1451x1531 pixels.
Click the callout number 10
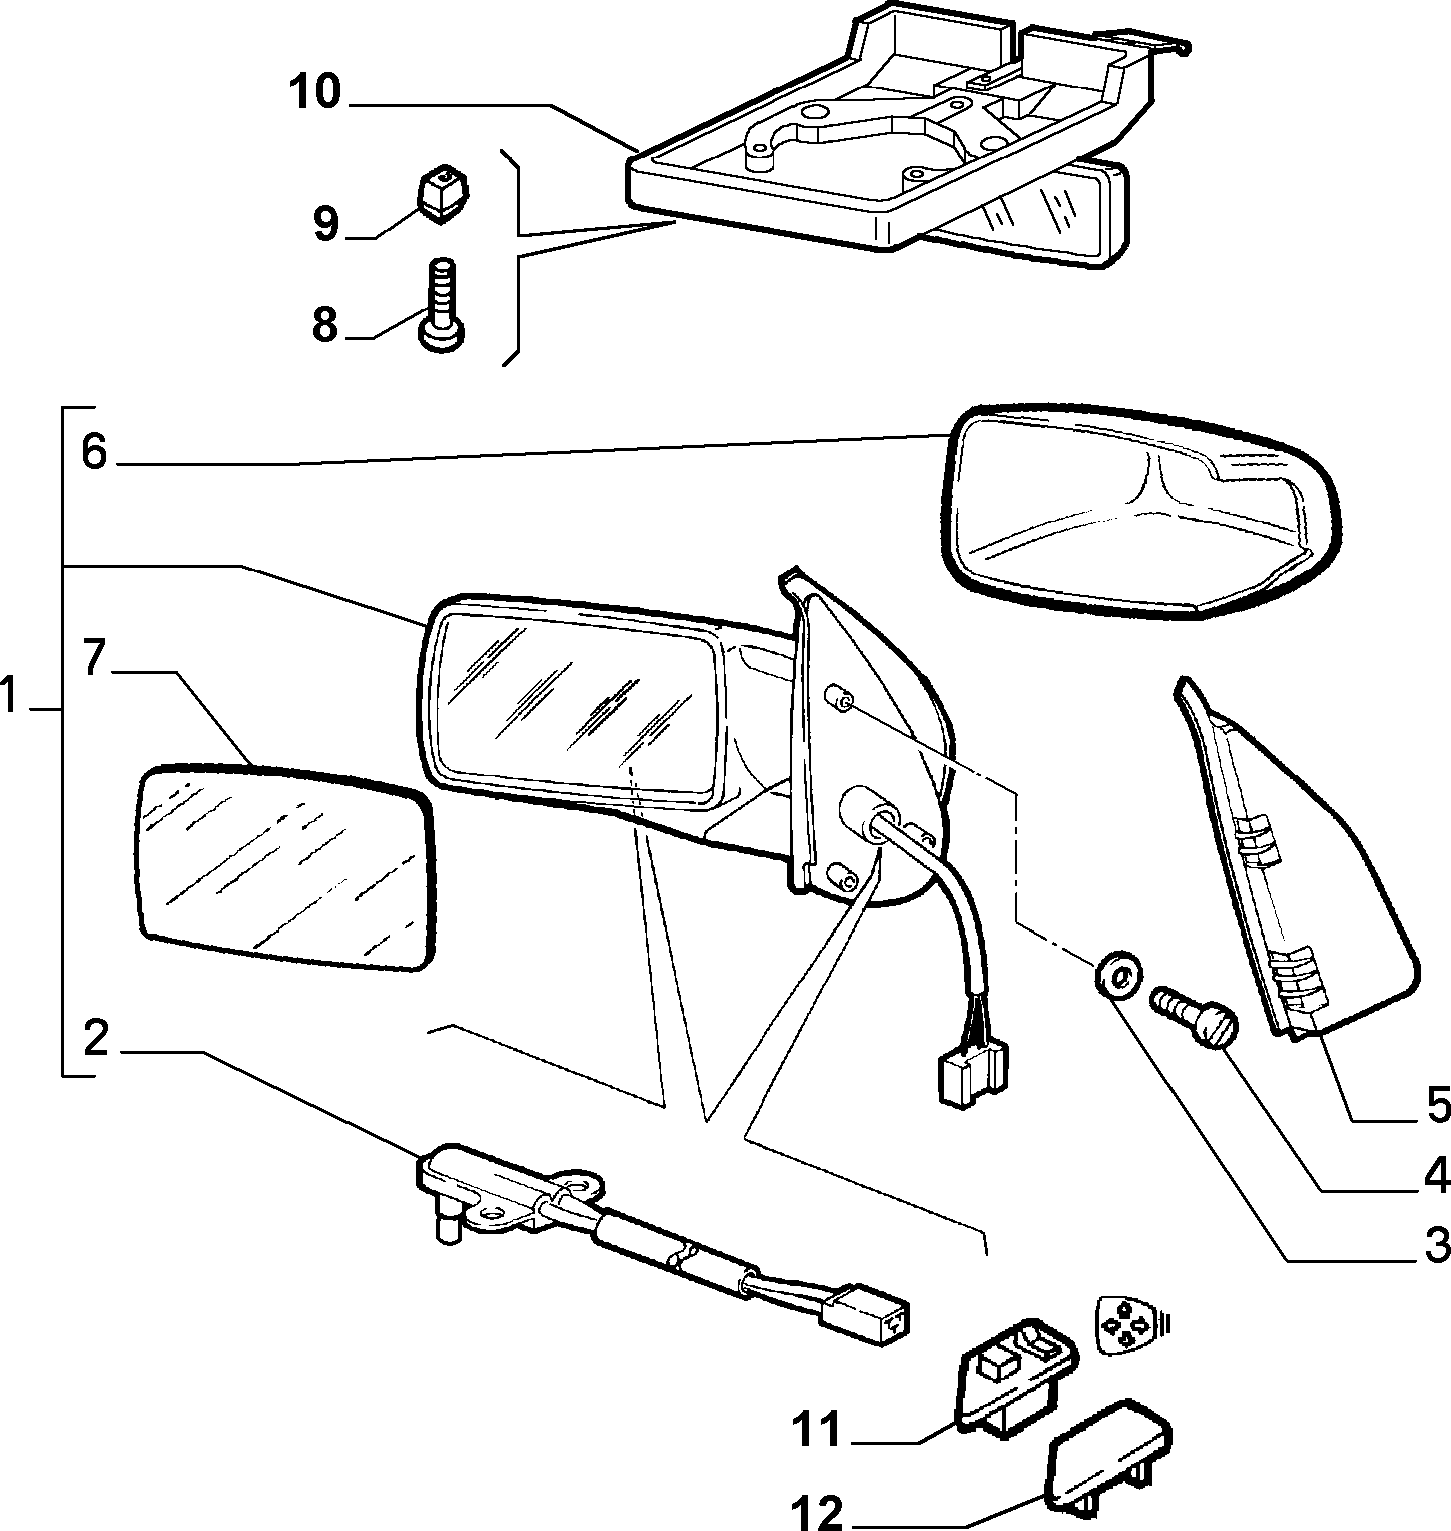click(x=315, y=93)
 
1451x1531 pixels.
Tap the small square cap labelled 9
click(x=444, y=194)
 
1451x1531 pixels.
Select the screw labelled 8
click(x=441, y=304)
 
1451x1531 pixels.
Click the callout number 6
click(x=93, y=452)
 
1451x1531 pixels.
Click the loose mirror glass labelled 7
click(x=285, y=867)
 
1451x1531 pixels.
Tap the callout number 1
click(x=12, y=695)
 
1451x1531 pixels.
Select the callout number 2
click(x=94, y=1040)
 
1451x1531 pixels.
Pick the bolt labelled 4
click(x=1195, y=1019)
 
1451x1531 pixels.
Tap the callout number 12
click(x=818, y=1510)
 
